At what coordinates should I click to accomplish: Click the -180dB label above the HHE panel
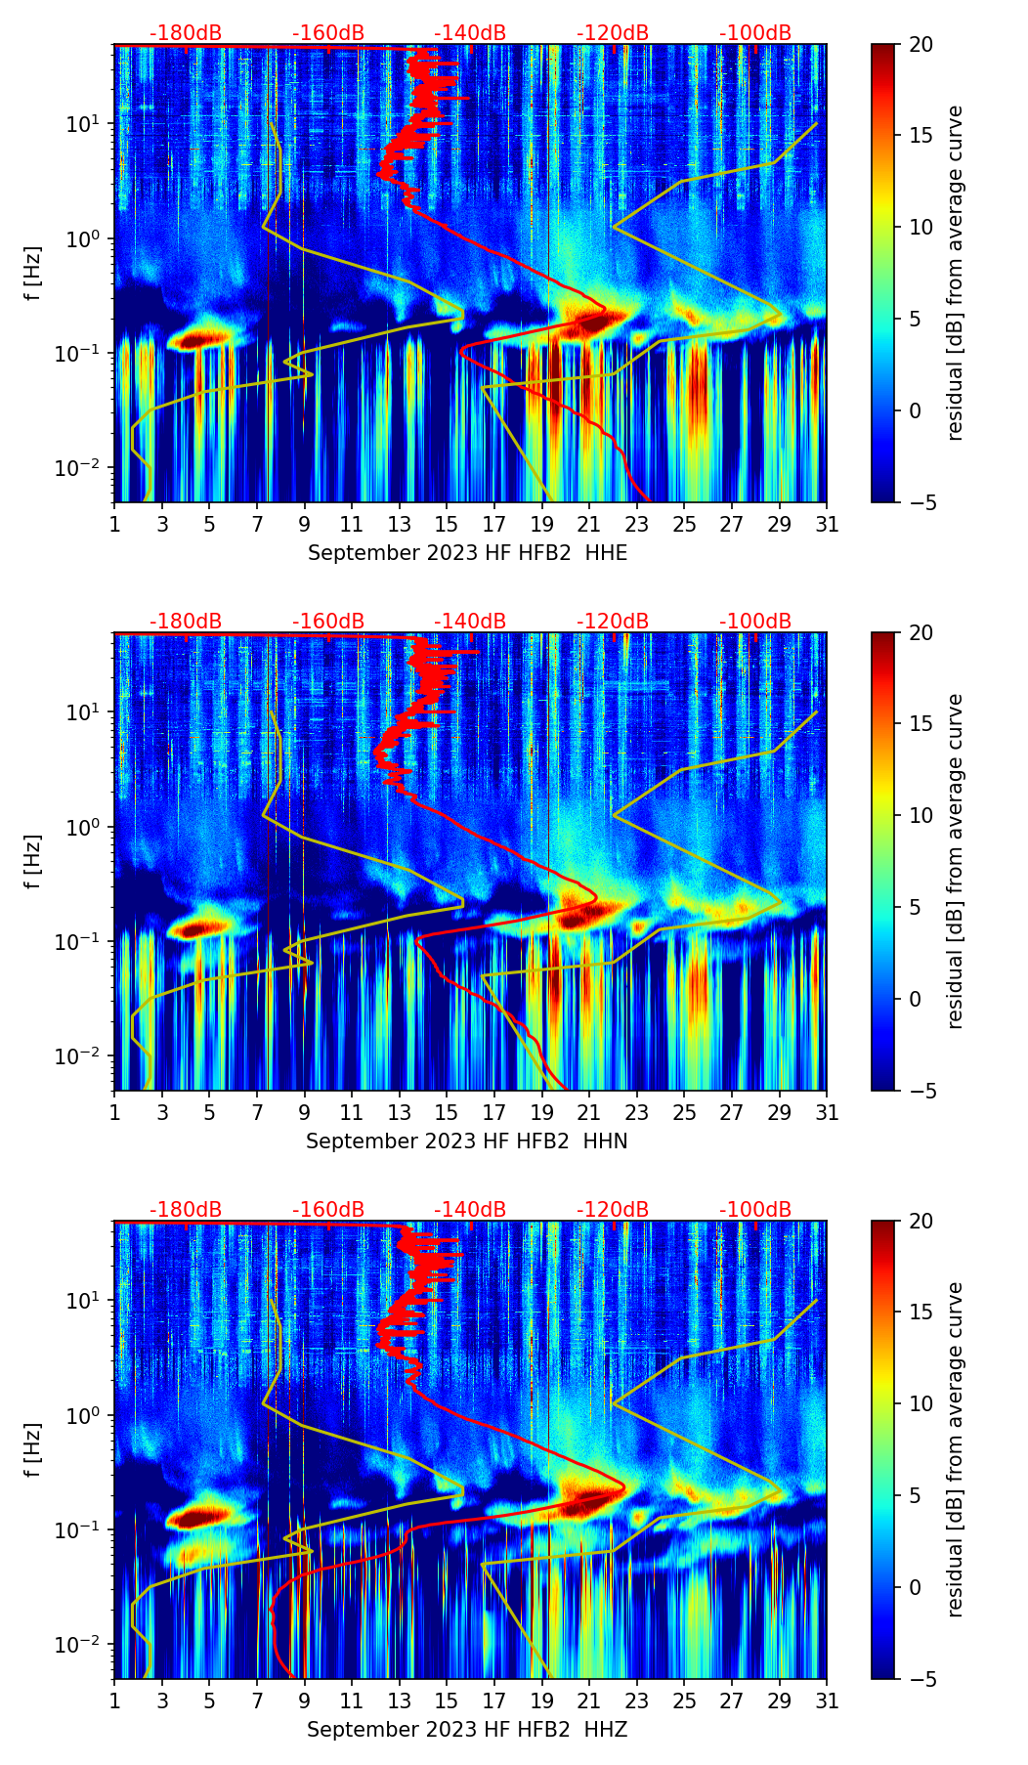(x=186, y=33)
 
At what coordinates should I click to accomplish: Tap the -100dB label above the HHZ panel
(x=755, y=1210)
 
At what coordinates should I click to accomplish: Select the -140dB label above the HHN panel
(x=470, y=622)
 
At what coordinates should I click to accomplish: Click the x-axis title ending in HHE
(x=467, y=553)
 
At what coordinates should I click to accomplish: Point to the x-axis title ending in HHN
(x=466, y=1141)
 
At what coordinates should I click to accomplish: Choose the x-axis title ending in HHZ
(x=466, y=1730)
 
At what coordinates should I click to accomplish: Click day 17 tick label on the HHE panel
(x=494, y=524)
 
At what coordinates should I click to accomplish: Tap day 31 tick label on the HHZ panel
(x=827, y=1700)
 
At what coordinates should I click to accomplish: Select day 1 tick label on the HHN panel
(x=115, y=1112)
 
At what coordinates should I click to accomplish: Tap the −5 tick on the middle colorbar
(x=919, y=1091)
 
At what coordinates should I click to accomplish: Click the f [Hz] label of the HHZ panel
(x=34, y=1450)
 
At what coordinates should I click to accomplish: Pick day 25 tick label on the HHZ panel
(x=684, y=1700)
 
